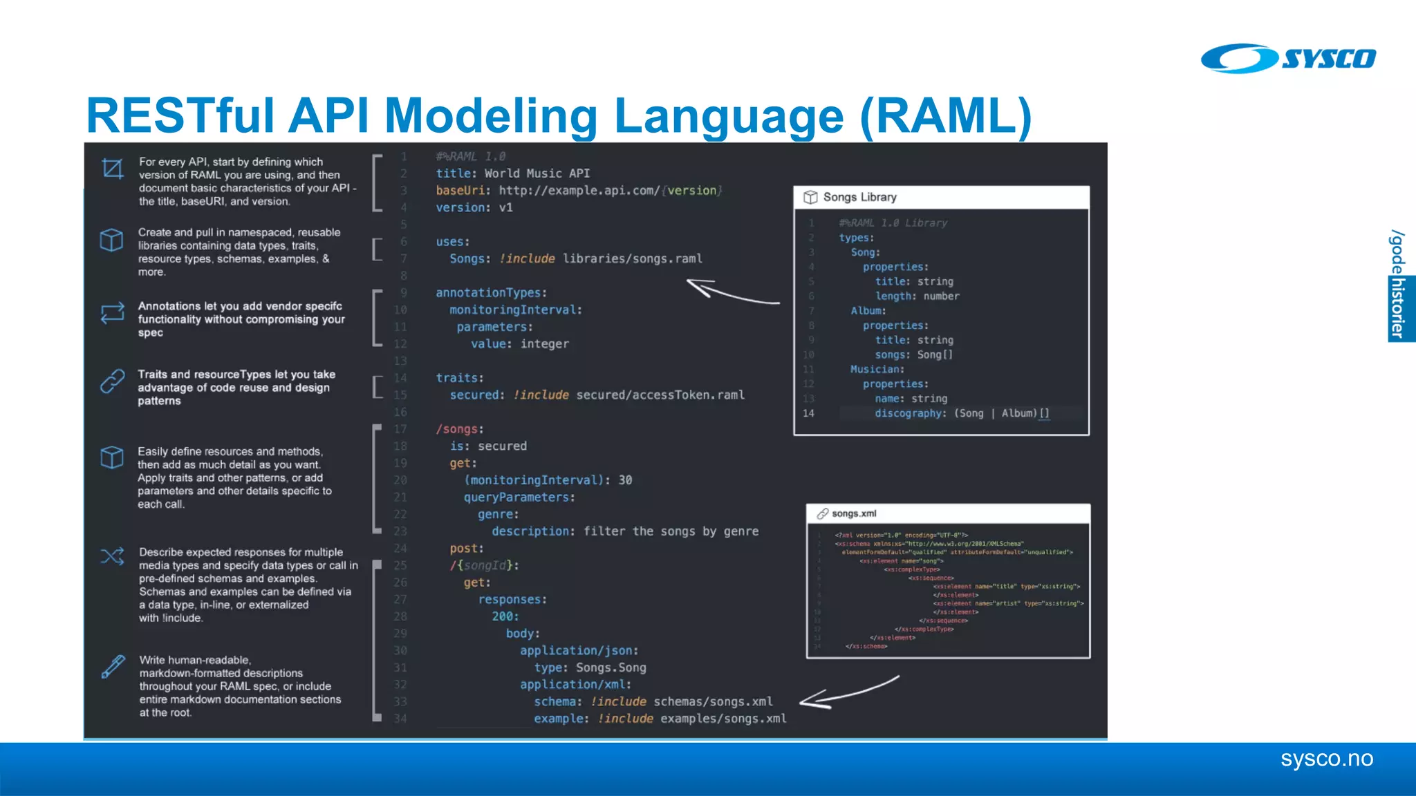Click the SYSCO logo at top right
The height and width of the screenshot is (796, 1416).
(1288, 58)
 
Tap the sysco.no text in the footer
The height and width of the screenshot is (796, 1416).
(1326, 759)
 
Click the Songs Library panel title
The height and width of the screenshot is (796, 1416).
(859, 197)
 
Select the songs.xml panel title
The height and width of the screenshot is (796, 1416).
(854, 513)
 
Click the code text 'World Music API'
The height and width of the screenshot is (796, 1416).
(537, 173)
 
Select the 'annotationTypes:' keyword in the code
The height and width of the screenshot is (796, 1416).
(491, 293)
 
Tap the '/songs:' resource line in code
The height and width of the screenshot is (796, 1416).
(460, 429)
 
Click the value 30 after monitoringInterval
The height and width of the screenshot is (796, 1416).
(625, 480)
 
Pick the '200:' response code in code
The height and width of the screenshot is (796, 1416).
(505, 616)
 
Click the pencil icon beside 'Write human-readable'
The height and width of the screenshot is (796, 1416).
(113, 667)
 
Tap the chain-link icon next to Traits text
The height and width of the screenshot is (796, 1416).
(112, 381)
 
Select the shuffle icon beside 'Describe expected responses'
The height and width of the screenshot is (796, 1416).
(112, 556)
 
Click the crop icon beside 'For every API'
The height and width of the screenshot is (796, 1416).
(112, 168)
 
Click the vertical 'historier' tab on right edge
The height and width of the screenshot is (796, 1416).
(1399, 308)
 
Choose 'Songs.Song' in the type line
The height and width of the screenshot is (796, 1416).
(611, 667)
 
